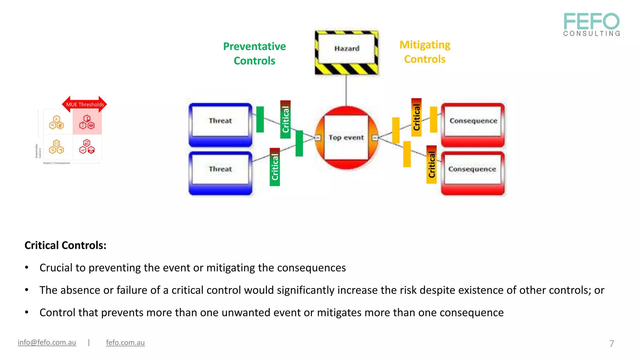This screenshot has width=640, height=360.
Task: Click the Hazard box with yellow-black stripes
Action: tap(346, 52)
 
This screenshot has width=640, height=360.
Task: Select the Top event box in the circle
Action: tap(346, 137)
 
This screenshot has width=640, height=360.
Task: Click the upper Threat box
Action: tap(220, 122)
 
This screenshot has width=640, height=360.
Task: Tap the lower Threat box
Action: tap(220, 170)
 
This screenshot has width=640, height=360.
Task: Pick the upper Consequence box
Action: tap(473, 122)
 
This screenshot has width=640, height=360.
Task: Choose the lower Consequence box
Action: tap(472, 170)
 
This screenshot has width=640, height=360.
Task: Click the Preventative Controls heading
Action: tap(254, 53)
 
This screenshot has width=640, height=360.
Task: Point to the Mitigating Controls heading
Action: tap(425, 52)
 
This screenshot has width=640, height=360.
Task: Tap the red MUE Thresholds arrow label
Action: tap(85, 104)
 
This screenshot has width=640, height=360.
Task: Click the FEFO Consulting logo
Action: tap(592, 24)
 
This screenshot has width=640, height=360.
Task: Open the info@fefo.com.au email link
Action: tap(47, 342)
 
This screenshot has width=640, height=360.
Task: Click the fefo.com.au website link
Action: tap(125, 342)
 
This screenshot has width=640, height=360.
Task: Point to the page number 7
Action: tap(612, 343)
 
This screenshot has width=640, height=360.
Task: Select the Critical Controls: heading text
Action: tap(65, 245)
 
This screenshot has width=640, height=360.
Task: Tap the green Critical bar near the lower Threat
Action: tap(275, 167)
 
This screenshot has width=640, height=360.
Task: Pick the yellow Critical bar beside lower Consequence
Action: tap(432, 165)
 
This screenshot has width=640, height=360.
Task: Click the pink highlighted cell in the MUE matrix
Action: tap(87, 122)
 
